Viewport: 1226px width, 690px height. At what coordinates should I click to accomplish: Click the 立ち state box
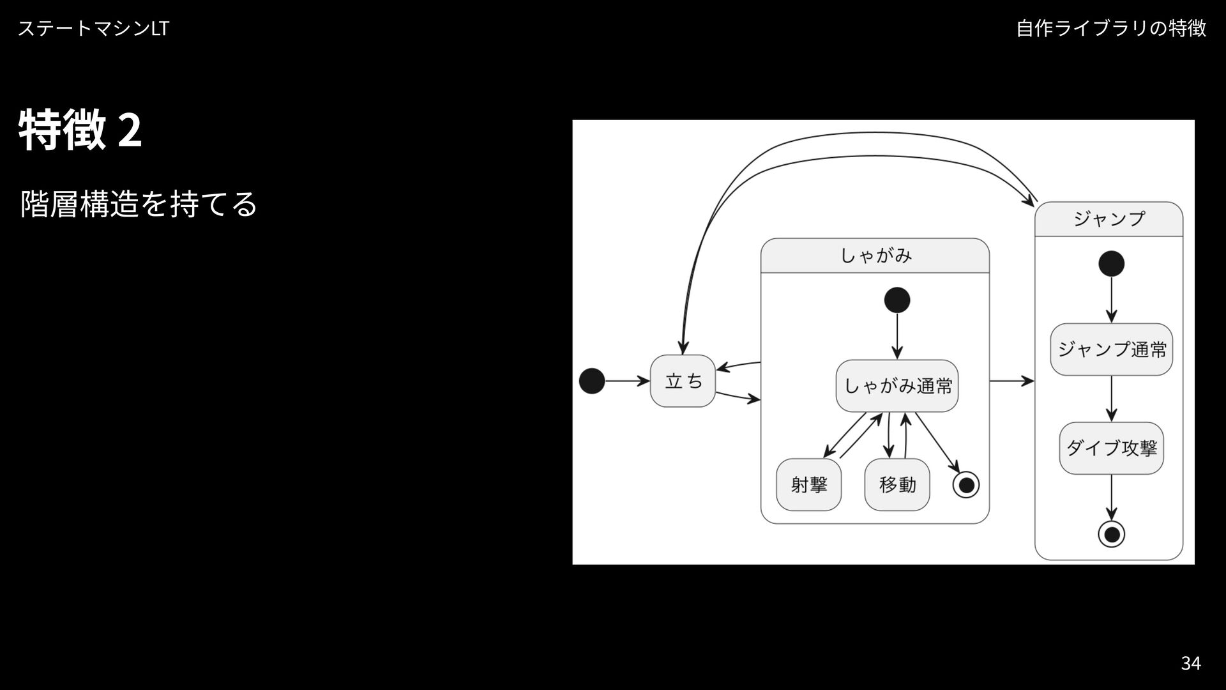683,381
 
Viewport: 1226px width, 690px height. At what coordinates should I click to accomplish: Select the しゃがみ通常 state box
897,386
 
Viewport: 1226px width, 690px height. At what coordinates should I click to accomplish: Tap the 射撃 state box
808,485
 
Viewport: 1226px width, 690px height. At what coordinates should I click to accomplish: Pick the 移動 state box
897,485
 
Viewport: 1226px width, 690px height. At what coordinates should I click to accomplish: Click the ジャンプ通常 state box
1111,349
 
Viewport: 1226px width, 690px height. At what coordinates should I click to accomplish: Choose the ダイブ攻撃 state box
1111,448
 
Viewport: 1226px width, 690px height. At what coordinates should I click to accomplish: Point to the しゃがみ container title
875,256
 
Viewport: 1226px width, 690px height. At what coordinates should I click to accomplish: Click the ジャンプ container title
1109,219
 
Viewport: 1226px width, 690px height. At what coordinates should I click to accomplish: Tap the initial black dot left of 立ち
592,381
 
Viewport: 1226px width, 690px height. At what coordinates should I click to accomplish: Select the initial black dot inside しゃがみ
897,300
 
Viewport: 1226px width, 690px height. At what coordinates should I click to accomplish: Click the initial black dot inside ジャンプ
1112,264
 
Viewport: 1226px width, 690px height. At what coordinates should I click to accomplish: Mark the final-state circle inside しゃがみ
966,485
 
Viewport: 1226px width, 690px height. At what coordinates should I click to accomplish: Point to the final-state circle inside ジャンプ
1112,534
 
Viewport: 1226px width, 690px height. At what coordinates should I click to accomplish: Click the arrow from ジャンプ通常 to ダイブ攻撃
1112,398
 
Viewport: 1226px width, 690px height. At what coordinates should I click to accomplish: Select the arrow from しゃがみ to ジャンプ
1011,381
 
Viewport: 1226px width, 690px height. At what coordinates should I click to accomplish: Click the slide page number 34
1190,663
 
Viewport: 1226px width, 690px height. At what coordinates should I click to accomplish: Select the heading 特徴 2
80,130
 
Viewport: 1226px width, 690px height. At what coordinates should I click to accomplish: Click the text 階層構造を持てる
139,204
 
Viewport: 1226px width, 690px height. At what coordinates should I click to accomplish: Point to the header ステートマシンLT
93,28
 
